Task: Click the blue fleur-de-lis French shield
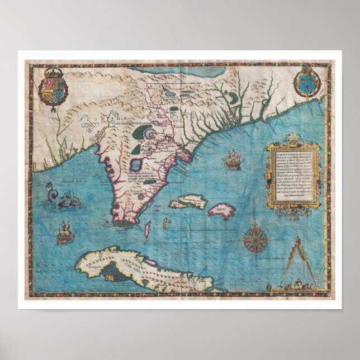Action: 306,78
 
